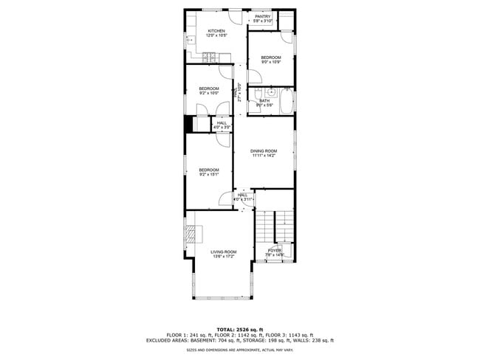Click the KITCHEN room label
pyautogui.click(x=206, y=31)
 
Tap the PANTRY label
pyautogui.click(x=262, y=16)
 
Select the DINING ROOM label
pyautogui.click(x=263, y=150)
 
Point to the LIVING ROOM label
pyautogui.click(x=223, y=252)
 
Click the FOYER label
pyautogui.click(x=275, y=251)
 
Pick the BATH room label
pyautogui.click(x=264, y=101)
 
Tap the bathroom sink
pyautogui.click(x=271, y=93)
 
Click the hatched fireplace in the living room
pyautogui.click(x=192, y=234)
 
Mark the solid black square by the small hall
pyautogui.click(x=188, y=125)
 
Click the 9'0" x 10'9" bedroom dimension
pyautogui.click(x=270, y=62)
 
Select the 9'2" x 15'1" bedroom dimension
pyautogui.click(x=209, y=175)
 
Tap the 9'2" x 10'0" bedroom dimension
pyautogui.click(x=209, y=94)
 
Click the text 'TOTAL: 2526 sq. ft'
pyautogui.click(x=240, y=329)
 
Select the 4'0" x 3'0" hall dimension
pyautogui.click(x=222, y=128)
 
